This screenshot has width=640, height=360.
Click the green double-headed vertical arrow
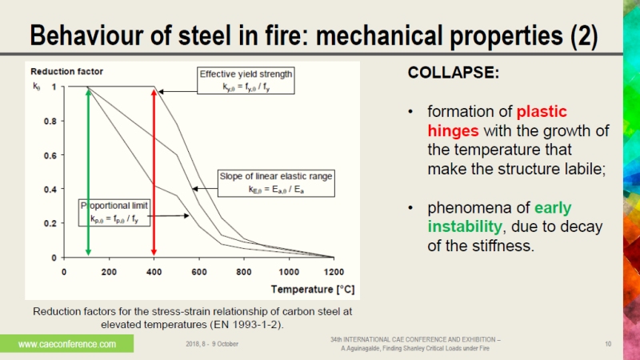88,172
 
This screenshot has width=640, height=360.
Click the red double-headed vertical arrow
153,172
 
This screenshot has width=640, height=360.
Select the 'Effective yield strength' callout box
246,81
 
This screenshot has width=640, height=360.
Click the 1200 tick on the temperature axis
334,270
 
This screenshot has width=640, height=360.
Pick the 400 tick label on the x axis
153,270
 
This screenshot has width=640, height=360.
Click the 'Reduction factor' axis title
63,71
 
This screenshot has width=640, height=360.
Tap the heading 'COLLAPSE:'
454,73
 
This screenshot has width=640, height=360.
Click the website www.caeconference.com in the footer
67,344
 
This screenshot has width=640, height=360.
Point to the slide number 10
608,344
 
